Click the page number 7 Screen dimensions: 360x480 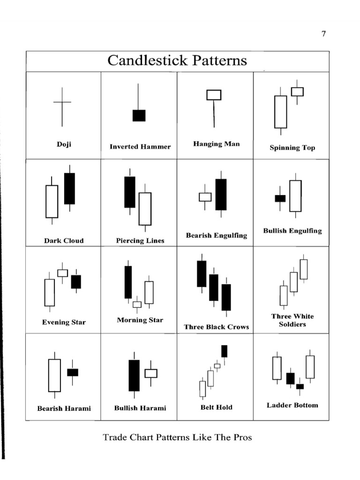pyautogui.click(x=323, y=33)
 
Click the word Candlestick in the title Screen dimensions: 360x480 pyautogui.click(x=147, y=60)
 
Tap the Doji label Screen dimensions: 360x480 pyautogui.click(x=64, y=144)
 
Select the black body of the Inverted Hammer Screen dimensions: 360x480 pyautogui.click(x=139, y=115)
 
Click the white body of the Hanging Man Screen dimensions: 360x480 pyautogui.click(x=214, y=95)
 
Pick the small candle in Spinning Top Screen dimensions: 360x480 pyautogui.click(x=297, y=92)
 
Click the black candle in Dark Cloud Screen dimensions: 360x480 pyautogui.click(x=69, y=188)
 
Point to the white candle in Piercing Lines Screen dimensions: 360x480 pyautogui.click(x=145, y=209)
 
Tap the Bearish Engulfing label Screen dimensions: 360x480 pyautogui.click(x=217, y=235)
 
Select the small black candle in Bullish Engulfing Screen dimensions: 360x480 pyautogui.click(x=280, y=198)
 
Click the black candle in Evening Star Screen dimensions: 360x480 pyautogui.click(x=76, y=282)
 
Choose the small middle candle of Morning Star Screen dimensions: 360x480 pyautogui.click(x=137, y=304)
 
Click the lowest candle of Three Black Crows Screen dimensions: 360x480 pyautogui.click(x=226, y=297)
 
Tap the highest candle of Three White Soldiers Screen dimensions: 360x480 pyautogui.click(x=304, y=269)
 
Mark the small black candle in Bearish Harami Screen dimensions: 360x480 pyautogui.click(x=73, y=372)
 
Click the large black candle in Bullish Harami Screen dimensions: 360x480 pyautogui.click(x=134, y=375)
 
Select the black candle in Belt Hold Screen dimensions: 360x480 pyautogui.click(x=225, y=351)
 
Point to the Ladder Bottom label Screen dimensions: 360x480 pyautogui.click(x=292, y=405)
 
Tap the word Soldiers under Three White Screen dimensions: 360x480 pyautogui.click(x=292, y=324)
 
